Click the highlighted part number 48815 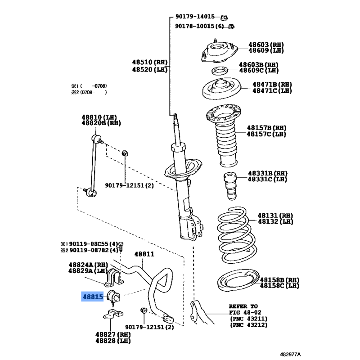pyautogui.click(x=93, y=297)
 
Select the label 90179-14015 pyautogui.click(x=195, y=17)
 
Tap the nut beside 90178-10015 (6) pyautogui.click(x=231, y=27)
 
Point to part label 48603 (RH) pyautogui.click(x=266, y=45)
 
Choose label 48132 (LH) pyautogui.click(x=275, y=221)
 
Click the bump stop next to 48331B pyautogui.click(x=230, y=185)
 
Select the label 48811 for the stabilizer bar pyautogui.click(x=144, y=254)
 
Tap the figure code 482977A pyautogui.click(x=290, y=354)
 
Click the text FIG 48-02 pyautogui.click(x=245, y=312)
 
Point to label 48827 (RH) pyautogui.click(x=113, y=334)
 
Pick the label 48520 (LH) pyautogui.click(x=150, y=69)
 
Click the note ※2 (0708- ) pyautogui.click(x=89, y=92)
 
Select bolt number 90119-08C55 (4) pyautogui.click(x=94, y=244)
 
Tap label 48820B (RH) pyautogui.click(x=101, y=123)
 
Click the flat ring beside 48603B pyautogui.click(x=220, y=71)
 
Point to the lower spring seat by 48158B pyautogui.click(x=238, y=280)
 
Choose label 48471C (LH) pyautogui.click(x=272, y=91)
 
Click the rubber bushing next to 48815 pyautogui.click(x=113, y=297)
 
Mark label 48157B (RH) pyautogui.click(x=266, y=128)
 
